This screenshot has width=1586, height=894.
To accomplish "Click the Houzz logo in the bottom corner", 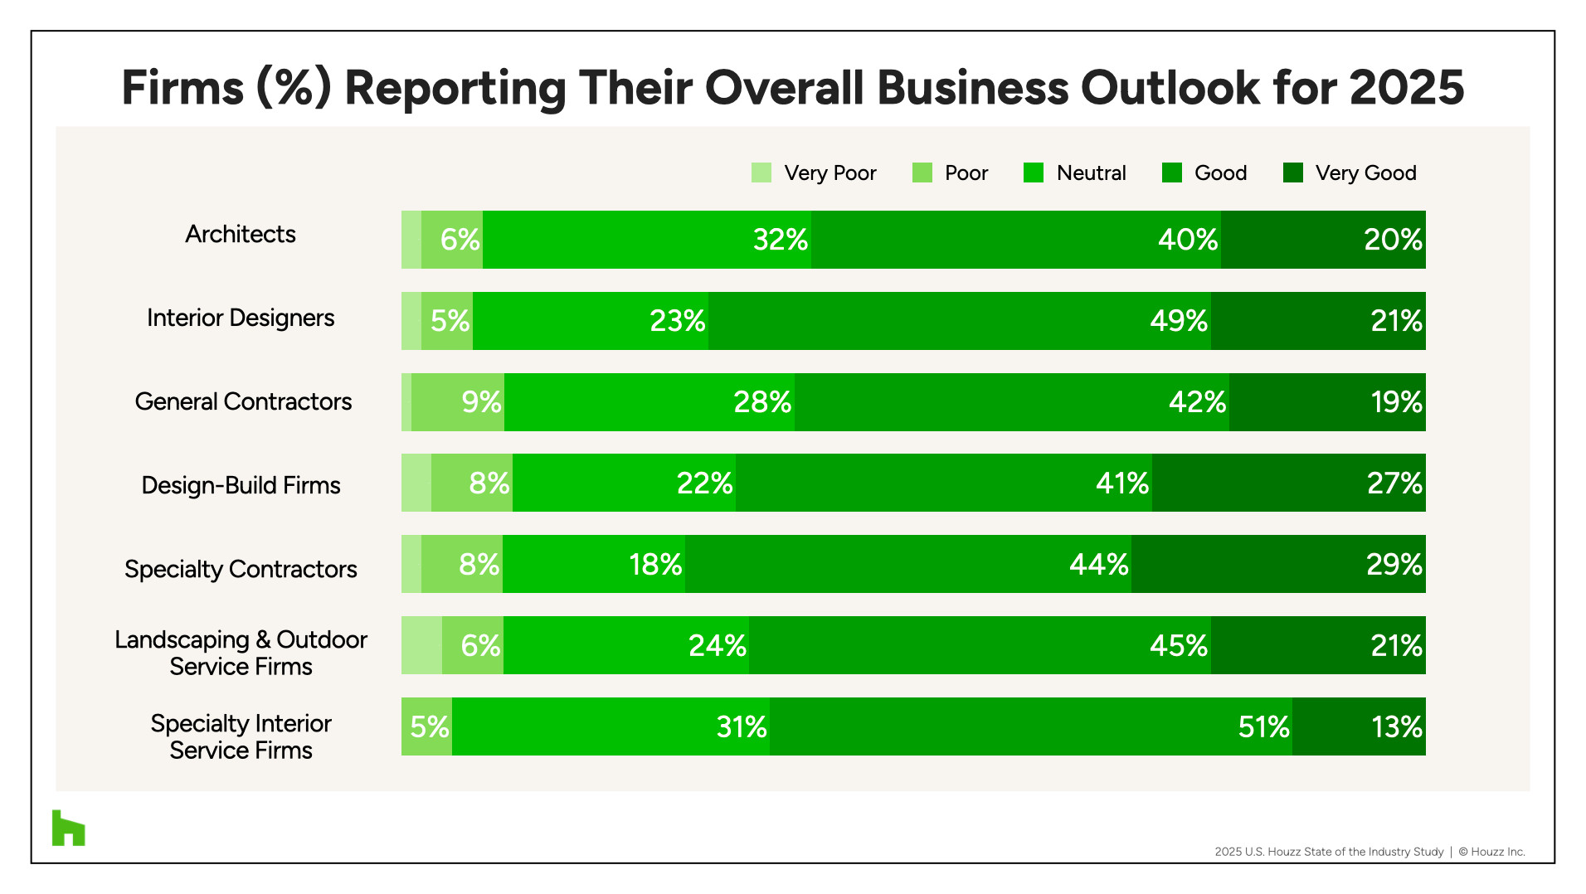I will [x=68, y=828].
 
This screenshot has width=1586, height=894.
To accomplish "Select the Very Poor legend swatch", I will [x=761, y=172].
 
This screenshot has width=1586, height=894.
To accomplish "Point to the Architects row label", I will [x=240, y=234].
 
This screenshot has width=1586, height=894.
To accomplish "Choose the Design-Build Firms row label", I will [x=241, y=485].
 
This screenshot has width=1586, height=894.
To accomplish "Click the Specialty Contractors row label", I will [x=241, y=569].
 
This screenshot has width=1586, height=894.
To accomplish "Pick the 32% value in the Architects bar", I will [x=779, y=240].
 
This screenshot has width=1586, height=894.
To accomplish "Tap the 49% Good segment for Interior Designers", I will [x=960, y=321].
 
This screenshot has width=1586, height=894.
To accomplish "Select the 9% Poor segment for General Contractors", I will [x=458, y=402].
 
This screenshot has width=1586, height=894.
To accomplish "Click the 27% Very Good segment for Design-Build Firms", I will [x=1288, y=483].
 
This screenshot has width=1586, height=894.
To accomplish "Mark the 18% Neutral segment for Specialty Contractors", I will [x=594, y=564].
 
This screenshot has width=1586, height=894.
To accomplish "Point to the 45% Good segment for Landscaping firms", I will [x=980, y=645].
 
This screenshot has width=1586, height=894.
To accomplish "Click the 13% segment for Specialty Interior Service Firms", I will [x=1359, y=726].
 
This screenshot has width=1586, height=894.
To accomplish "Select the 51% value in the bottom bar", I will [x=1262, y=727].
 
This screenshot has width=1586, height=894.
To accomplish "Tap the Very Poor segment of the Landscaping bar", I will [x=421, y=645].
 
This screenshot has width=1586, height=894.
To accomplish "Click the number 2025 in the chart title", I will [x=1406, y=87].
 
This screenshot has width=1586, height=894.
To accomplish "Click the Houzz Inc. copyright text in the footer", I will [x=1491, y=852].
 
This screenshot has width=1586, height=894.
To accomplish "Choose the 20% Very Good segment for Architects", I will [x=1323, y=240].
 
